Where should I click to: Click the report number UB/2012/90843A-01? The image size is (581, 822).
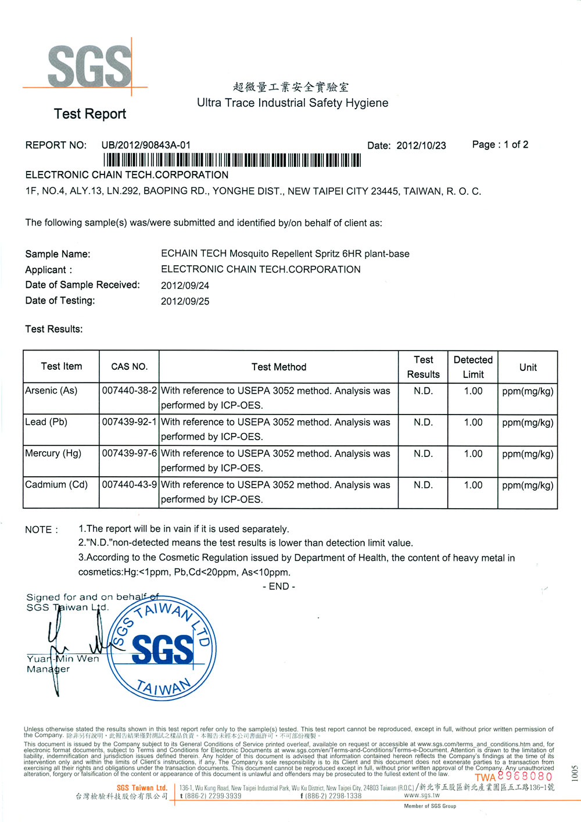pyautogui.click(x=146, y=145)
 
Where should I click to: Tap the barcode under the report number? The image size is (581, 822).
pyautogui.click(x=232, y=160)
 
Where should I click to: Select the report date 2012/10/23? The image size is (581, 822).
pyautogui.click(x=421, y=145)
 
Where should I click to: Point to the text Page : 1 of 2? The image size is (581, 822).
pyautogui.click(x=500, y=145)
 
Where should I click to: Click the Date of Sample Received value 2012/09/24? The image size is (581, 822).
pyautogui.click(x=185, y=285)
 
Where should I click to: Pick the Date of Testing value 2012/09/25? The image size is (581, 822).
pyautogui.click(x=185, y=301)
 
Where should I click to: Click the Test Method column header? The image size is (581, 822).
pyautogui.click(x=279, y=367)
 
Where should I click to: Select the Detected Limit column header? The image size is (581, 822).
pyautogui.click(x=473, y=367)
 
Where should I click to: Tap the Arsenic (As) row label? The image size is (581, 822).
pyautogui.click(x=51, y=391)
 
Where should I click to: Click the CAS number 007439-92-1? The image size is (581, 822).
pyautogui.click(x=129, y=422)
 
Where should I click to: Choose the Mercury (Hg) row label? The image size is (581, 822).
pyautogui.click(x=53, y=453)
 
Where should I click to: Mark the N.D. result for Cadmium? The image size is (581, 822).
pyautogui.click(x=423, y=485)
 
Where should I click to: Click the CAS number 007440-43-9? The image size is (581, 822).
pyautogui.click(x=129, y=485)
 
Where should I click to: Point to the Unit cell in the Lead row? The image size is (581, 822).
pyautogui.click(x=528, y=423)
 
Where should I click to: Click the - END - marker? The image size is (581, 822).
pyautogui.click(x=279, y=587)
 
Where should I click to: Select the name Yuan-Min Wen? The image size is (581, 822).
pyautogui.click(x=63, y=659)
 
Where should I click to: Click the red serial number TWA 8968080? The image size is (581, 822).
pyautogui.click(x=514, y=777)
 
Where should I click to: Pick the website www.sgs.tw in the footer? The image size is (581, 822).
pyautogui.click(x=422, y=795)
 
